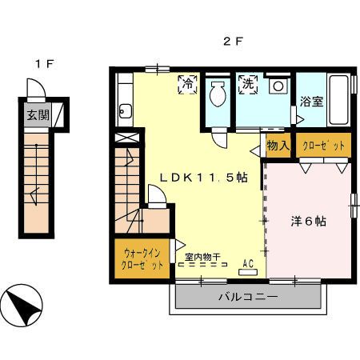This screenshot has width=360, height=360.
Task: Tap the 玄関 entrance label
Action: click(37, 114)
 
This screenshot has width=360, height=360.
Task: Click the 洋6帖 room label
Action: click(307, 222)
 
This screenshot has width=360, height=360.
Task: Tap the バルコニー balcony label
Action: click(248, 298)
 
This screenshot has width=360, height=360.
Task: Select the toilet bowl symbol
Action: click(217, 97)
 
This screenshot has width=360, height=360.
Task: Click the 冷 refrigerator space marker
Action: click(188, 83)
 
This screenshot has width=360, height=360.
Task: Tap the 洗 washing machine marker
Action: click(246, 83)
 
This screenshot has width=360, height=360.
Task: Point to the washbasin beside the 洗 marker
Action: click(278, 86)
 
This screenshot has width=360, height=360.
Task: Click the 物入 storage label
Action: click(277, 146)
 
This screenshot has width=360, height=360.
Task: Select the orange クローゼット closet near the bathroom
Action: click(325, 146)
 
